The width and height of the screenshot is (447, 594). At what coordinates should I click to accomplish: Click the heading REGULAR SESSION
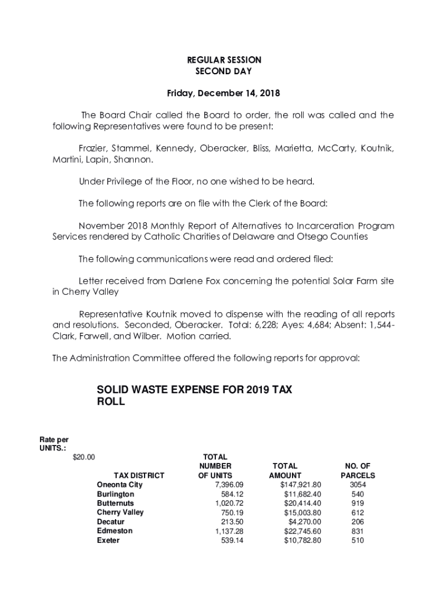[223, 60]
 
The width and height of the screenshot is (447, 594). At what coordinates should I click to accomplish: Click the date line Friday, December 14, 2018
[223, 93]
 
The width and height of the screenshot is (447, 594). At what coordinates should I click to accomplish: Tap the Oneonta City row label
[120, 485]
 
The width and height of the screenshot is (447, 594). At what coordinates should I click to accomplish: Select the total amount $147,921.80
[300, 485]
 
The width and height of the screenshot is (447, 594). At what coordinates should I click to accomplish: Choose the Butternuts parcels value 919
[358, 504]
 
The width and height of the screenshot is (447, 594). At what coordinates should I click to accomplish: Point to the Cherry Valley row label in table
[120, 513]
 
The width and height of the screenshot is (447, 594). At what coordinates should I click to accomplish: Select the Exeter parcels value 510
[358, 541]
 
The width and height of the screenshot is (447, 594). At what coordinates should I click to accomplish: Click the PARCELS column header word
[358, 476]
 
